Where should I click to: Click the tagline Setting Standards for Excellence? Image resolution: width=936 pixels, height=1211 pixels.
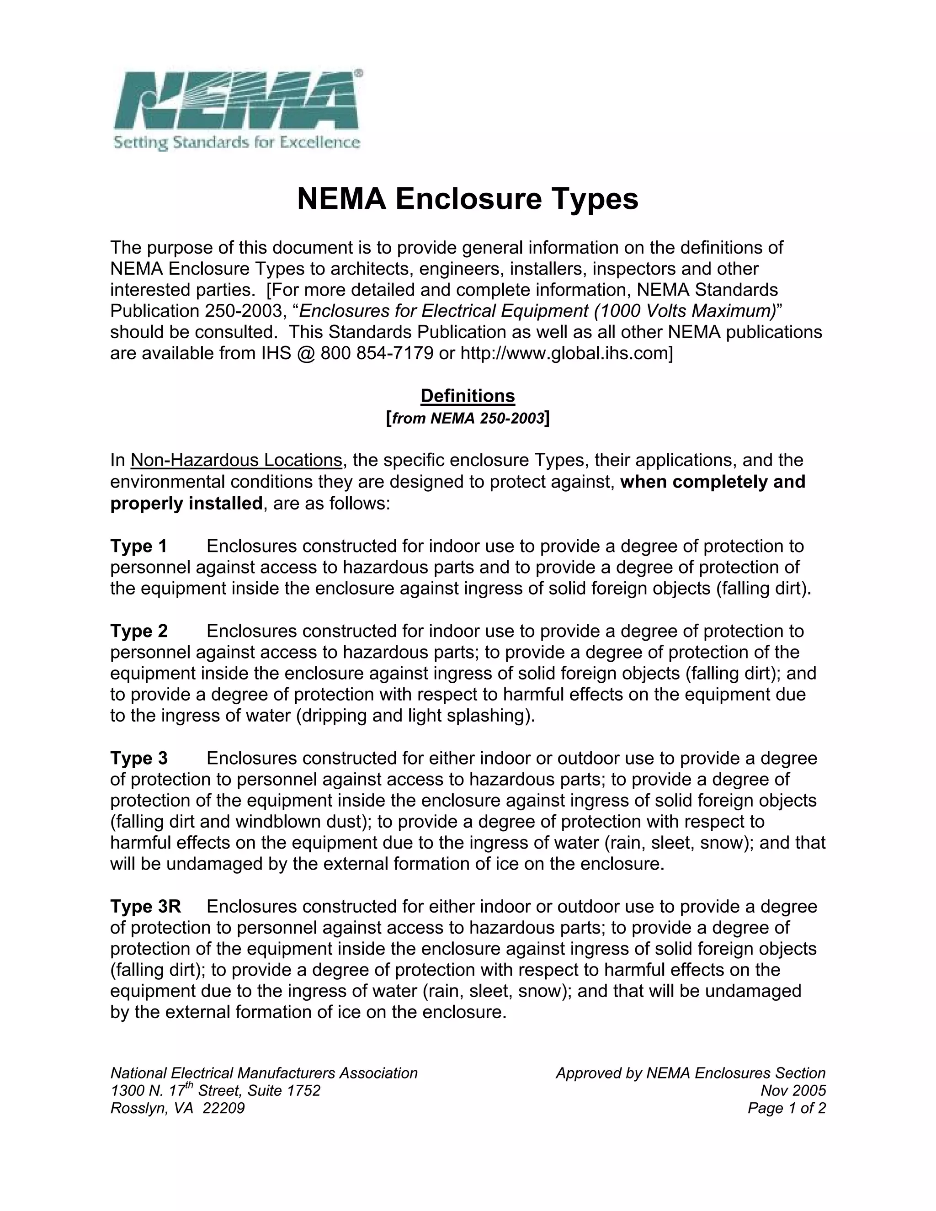pyautogui.click(x=237, y=143)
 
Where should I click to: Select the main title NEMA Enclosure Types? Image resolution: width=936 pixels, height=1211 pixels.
pyautogui.click(x=468, y=198)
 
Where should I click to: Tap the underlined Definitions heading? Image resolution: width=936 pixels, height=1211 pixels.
pyautogui.click(x=468, y=396)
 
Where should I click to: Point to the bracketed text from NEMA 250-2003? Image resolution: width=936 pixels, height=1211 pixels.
pyautogui.click(x=468, y=418)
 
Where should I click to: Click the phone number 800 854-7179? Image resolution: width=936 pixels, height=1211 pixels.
pyautogui.click(x=377, y=353)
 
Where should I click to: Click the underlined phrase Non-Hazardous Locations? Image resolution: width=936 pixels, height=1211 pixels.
pyautogui.click(x=236, y=460)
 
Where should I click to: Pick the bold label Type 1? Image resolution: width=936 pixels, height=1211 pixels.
pyautogui.click(x=138, y=546)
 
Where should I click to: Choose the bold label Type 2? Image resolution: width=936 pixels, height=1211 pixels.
pyautogui.click(x=138, y=631)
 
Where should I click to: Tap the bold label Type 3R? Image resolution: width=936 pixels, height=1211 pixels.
pyautogui.click(x=145, y=907)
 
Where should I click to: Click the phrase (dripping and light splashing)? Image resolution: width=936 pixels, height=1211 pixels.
pyautogui.click(x=415, y=716)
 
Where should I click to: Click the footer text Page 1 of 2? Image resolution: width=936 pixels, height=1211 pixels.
pyautogui.click(x=786, y=1108)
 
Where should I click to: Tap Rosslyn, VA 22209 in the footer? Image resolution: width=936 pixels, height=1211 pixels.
pyautogui.click(x=177, y=1108)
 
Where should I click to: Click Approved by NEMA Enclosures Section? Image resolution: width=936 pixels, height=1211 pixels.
pyautogui.click(x=691, y=1073)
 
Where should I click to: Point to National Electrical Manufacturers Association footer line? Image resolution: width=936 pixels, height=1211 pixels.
pyautogui.click(x=264, y=1073)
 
